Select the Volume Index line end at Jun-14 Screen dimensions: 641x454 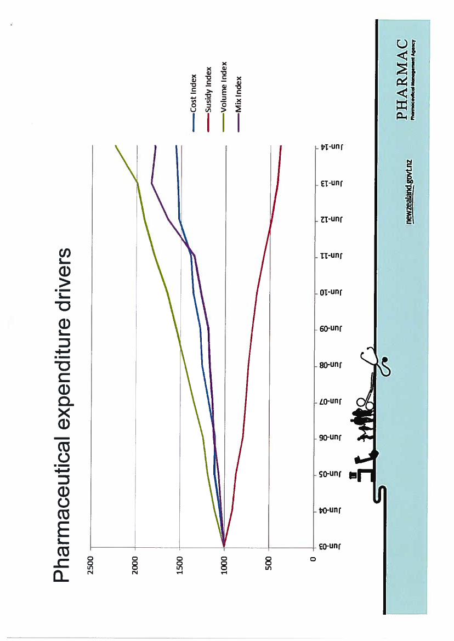[x=116, y=146]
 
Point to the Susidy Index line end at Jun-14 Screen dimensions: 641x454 [x=281, y=146]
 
